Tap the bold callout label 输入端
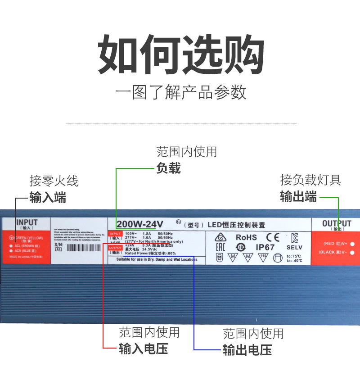pos(48,198)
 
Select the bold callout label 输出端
pos(298,197)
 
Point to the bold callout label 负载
pos(169,168)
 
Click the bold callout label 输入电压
pos(144,349)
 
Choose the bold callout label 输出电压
pos(247,350)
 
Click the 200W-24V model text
pos(140,224)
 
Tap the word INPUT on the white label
pos(27,222)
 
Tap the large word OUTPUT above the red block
pos(337,223)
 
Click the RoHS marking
pos(246,237)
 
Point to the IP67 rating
pos(265,247)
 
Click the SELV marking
pos(294,247)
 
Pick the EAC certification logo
pos(220,247)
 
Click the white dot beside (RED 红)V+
pos(352,244)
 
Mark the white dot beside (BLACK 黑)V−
pos(352,253)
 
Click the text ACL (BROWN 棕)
pos(27,246)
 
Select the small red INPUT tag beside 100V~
pos(116,234)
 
